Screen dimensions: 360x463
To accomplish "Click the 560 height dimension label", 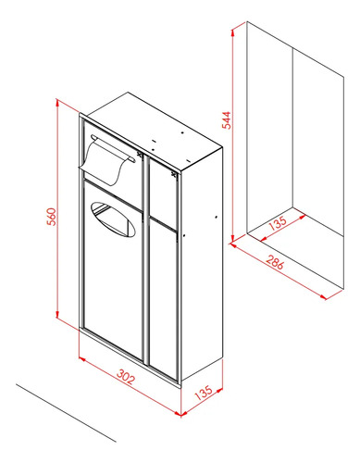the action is click(x=53, y=217).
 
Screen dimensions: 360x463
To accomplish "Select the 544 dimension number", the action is click(x=226, y=119).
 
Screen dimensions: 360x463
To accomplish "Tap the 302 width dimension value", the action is click(x=126, y=376).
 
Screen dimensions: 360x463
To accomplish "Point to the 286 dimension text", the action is click(x=275, y=262).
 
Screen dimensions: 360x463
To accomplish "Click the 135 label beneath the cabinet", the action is click(x=204, y=393).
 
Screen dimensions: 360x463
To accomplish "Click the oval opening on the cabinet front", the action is click(x=113, y=219).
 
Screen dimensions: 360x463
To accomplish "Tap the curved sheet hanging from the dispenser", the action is click(x=104, y=162).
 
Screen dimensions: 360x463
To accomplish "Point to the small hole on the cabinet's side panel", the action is click(x=216, y=218).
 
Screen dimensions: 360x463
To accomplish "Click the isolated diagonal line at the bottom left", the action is click(x=66, y=413).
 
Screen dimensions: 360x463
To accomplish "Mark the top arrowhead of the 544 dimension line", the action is click(x=233, y=31).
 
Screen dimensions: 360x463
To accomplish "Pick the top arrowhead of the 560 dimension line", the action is click(x=57, y=103).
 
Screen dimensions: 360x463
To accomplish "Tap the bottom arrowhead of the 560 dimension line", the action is click(x=57, y=314).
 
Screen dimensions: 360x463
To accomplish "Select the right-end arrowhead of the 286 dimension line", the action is click(x=323, y=297).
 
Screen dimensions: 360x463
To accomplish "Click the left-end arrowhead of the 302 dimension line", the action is click(x=82, y=358).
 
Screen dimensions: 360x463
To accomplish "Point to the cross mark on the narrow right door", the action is click(x=174, y=174).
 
